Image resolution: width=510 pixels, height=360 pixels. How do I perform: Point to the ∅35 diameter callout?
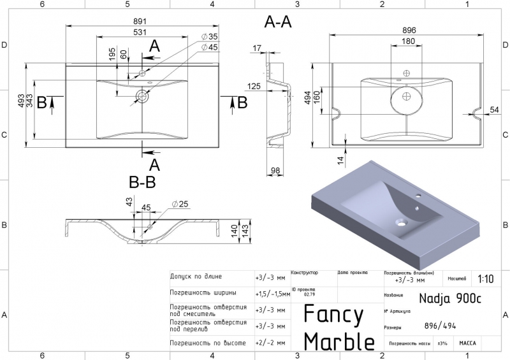pos(209,37)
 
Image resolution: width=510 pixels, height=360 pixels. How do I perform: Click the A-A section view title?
pos(278,22)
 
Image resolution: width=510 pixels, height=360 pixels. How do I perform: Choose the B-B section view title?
pos(142,183)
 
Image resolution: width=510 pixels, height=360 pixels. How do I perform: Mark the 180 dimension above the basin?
pos(408,41)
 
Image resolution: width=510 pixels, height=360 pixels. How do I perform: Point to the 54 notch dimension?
pos(494,110)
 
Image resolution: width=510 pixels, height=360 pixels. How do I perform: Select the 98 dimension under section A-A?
pos(276,170)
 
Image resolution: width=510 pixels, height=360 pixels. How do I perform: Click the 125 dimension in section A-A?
pos(254,86)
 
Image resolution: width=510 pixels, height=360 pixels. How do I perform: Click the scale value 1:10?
pos(484,278)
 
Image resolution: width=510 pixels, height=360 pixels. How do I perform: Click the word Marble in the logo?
pos(339,341)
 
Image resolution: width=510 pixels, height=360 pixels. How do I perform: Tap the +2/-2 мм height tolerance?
pos(269,342)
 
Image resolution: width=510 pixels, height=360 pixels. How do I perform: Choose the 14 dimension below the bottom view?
pos(340,159)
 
